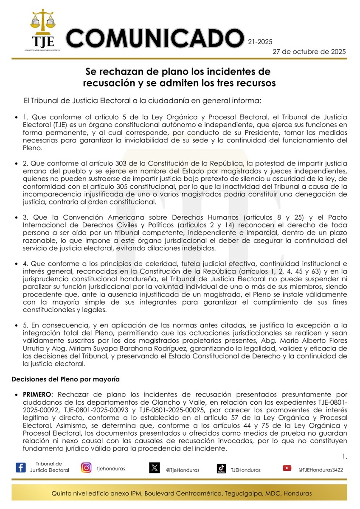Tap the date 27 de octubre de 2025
point(309,51)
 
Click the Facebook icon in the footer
point(20,467)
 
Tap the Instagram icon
point(86,467)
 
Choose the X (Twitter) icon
point(154,468)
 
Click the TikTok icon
point(221,468)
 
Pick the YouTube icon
point(287,468)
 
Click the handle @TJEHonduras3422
point(321,470)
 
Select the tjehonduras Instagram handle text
point(111,469)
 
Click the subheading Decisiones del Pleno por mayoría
point(65,379)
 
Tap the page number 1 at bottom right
point(344,456)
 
